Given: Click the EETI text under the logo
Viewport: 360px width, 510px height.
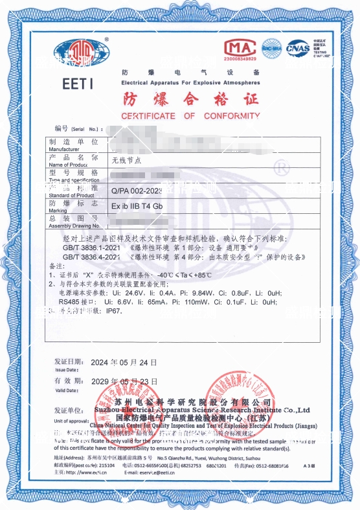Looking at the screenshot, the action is [79, 84].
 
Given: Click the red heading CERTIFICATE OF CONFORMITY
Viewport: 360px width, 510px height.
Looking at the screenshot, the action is [181, 116].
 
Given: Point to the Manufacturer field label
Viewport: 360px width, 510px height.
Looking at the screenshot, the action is [67, 145].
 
